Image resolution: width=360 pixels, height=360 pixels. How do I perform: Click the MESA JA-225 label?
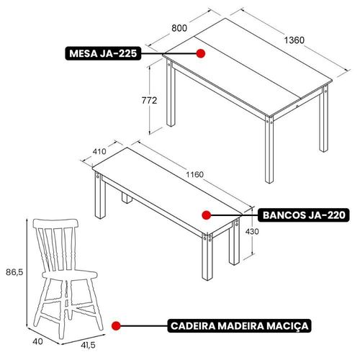tap(103, 53)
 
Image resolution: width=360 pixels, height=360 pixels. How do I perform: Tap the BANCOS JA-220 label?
tap(304, 215)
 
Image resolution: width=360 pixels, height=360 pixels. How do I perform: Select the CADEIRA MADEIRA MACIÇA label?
tap(239, 325)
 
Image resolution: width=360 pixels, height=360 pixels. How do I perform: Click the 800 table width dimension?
tap(179, 28)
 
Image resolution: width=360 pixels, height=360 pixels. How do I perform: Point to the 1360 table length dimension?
tap(294, 40)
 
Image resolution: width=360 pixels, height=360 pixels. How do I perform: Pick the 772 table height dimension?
tap(149, 100)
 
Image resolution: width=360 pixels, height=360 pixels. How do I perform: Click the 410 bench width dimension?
tap(99, 151)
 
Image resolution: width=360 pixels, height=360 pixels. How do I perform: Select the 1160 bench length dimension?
tap(194, 174)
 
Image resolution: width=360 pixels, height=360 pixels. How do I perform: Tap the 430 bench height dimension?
tap(252, 231)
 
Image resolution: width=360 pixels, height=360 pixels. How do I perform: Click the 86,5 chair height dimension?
tap(14, 272)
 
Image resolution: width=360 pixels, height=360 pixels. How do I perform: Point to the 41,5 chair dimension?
tap(88, 345)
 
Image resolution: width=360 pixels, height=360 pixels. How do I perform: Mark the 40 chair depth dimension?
tap(37, 341)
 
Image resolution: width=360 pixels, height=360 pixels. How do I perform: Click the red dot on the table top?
tap(200, 53)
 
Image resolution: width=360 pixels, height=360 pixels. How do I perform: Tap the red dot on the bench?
tap(207, 215)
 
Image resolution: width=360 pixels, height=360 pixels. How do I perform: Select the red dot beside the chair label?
tap(116, 325)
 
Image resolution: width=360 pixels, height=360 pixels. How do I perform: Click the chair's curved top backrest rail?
tap(55, 223)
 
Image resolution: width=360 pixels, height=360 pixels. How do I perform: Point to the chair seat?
tap(70, 274)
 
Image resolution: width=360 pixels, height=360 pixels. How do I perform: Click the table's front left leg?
tap(171, 93)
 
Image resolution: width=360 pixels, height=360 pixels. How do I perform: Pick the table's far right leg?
tap(324, 118)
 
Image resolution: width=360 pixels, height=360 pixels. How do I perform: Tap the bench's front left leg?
tap(100, 194)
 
